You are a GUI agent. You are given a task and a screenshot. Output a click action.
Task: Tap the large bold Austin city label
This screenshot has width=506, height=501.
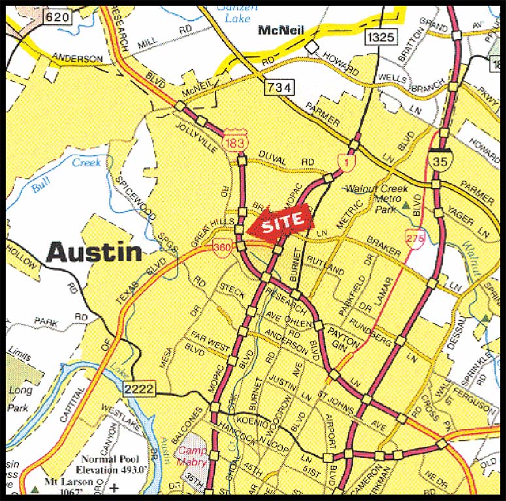pos(95,252)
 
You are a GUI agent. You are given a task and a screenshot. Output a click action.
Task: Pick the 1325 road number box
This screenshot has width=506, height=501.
pos(381,37)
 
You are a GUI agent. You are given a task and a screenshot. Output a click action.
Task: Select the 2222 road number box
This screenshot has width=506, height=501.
pos(138,389)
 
